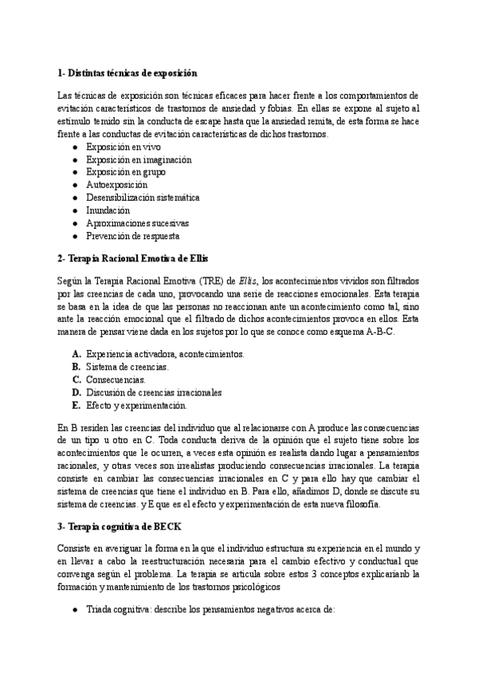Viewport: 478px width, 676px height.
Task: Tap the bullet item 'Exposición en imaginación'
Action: pyautogui.click(x=139, y=159)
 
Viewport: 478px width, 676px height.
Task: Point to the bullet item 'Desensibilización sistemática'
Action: pyautogui.click(x=143, y=198)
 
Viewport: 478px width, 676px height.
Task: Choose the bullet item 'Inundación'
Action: pyautogui.click(x=108, y=210)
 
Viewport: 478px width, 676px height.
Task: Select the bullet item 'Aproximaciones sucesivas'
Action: pyautogui.click(x=137, y=223)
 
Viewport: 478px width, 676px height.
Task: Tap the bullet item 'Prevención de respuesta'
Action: pyautogui.click(x=132, y=236)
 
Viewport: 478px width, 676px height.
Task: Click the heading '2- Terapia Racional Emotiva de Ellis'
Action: pyautogui.click(x=131, y=259)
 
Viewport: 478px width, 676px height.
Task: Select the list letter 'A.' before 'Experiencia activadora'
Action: pyautogui.click(x=76, y=354)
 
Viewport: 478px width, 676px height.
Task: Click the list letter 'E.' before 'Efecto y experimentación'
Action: pyautogui.click(x=76, y=405)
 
